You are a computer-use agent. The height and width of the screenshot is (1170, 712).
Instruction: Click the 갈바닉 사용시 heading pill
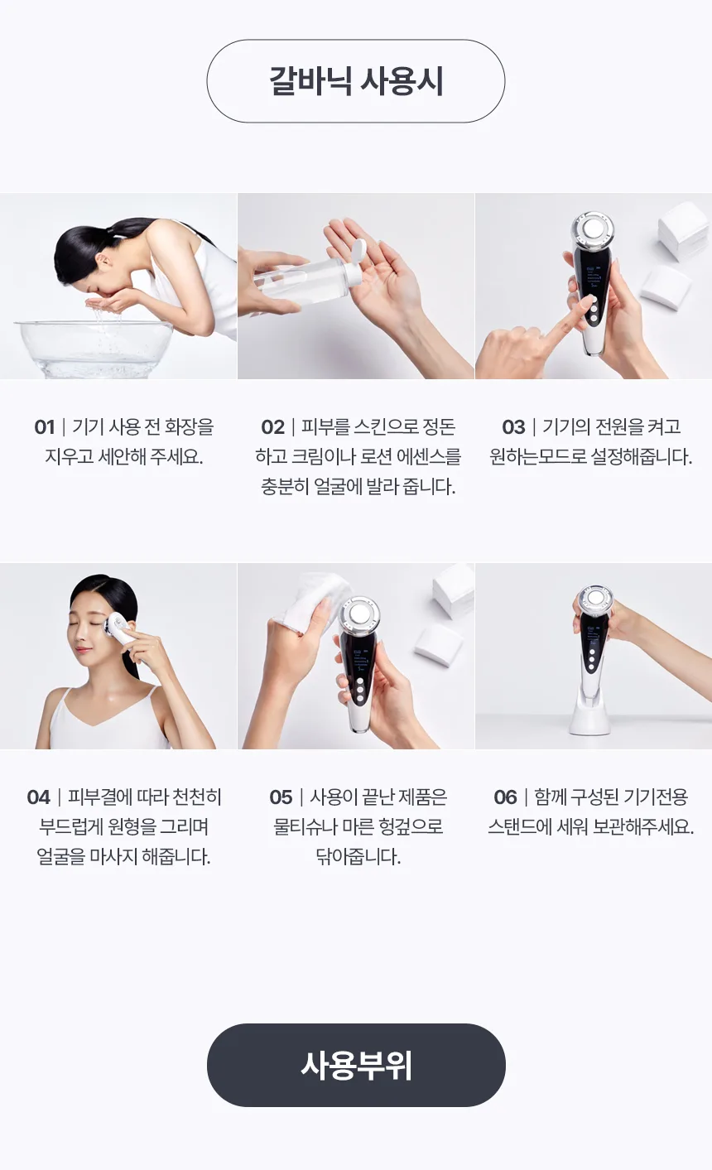pyautogui.click(x=356, y=81)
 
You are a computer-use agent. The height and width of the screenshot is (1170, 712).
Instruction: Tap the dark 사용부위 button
pyautogui.click(x=356, y=1065)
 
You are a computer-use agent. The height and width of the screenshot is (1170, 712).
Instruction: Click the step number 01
pyautogui.click(x=45, y=427)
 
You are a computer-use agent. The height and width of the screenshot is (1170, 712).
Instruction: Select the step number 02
pyautogui.click(x=272, y=427)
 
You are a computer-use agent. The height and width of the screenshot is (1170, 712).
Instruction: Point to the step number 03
pyautogui.click(x=513, y=427)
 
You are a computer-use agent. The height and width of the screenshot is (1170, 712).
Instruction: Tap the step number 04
pyautogui.click(x=38, y=797)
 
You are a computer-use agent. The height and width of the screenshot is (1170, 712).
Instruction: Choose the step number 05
pyautogui.click(x=281, y=797)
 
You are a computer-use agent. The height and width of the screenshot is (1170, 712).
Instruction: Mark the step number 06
pyautogui.click(x=505, y=797)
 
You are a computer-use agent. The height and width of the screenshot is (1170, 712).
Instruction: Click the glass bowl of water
pyautogui.click(x=94, y=347)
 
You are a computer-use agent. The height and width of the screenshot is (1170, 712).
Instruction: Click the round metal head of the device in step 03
pyautogui.click(x=593, y=229)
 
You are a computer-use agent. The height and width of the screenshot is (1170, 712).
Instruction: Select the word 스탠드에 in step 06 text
pyautogui.click(x=520, y=827)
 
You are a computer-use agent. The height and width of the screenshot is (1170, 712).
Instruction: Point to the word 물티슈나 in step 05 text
pyautogui.click(x=305, y=827)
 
